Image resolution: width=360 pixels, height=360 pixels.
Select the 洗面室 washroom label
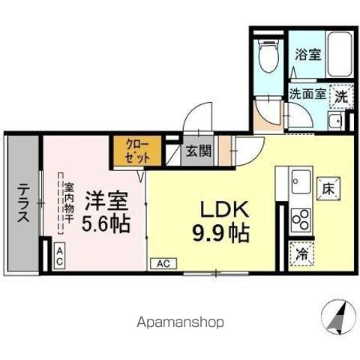tap(307, 95)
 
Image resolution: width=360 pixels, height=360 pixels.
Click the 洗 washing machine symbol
tap(341, 96)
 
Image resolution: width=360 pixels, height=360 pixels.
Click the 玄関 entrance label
tap(198, 150)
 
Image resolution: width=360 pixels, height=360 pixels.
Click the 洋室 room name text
tap(105, 201)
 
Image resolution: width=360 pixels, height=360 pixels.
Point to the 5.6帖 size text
tap(106, 223)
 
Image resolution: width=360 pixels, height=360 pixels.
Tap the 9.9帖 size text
tap(223, 232)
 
